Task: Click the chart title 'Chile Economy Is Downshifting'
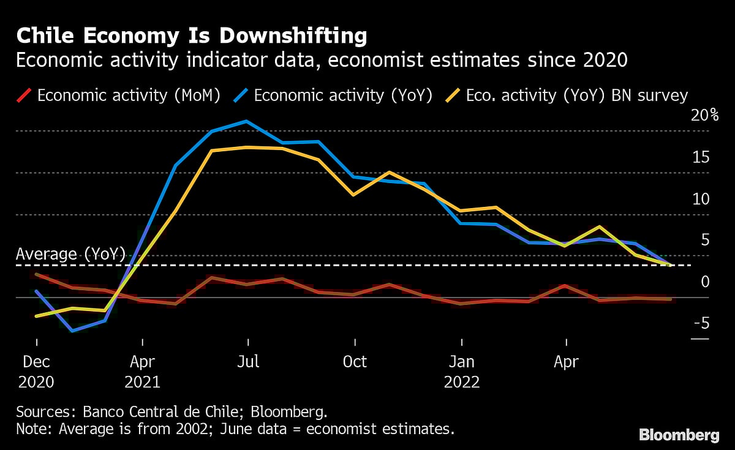pos(192,36)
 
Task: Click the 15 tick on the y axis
pos(699,157)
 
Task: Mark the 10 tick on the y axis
pos(699,199)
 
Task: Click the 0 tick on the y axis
pos(704,282)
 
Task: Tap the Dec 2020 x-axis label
pos(36,372)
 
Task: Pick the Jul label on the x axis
pos(247,362)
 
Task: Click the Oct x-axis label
pos(354,362)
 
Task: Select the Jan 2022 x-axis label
pos(461,372)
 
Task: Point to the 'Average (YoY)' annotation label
pos(70,254)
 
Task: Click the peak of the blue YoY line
pos(246,121)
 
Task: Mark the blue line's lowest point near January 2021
pos(72,331)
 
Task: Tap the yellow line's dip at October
pos(353,195)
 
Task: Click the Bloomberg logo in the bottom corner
pos(679,435)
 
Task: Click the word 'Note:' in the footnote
pos(34,429)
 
